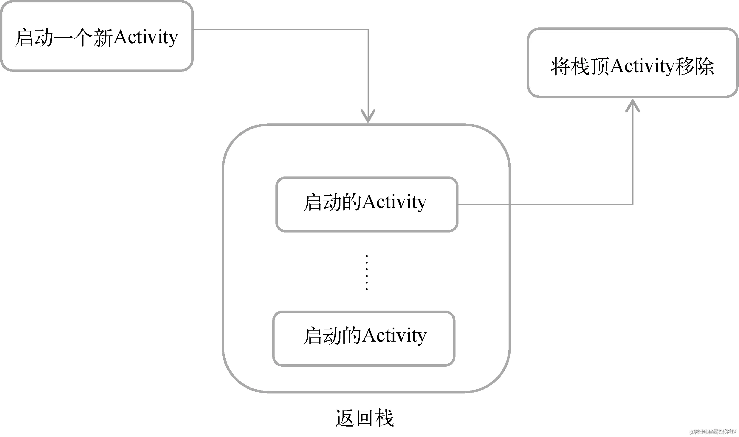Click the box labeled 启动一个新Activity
[x=96, y=36]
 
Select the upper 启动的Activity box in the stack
[x=367, y=204]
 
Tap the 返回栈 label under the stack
[x=364, y=418]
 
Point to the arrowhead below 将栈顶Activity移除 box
[x=633, y=106]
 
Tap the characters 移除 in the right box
[x=695, y=66]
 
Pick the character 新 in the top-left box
[x=103, y=38]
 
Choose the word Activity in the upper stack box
[x=394, y=203]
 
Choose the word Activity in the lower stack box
[x=394, y=336]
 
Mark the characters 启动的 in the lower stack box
[x=332, y=336]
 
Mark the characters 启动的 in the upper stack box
[x=332, y=203]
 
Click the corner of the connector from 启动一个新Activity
[x=368, y=30]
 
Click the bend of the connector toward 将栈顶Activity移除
[x=633, y=204]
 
